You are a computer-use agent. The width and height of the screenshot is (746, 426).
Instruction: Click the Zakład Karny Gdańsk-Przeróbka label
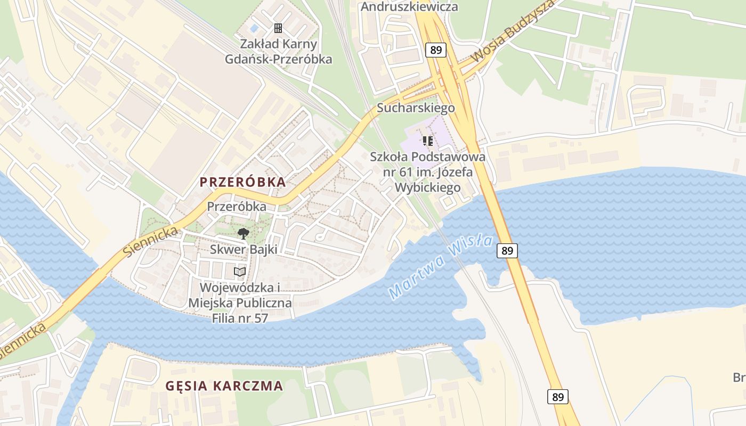278,52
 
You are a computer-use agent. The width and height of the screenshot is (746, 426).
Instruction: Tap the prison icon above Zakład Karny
278,28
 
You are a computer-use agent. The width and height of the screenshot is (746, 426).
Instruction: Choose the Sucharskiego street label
416,108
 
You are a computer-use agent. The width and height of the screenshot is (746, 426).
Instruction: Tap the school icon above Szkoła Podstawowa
427,141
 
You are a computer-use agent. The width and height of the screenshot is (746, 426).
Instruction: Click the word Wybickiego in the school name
428,188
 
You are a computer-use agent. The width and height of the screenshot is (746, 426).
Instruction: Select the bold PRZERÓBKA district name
242,182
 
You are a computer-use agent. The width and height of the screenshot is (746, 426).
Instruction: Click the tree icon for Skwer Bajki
243,233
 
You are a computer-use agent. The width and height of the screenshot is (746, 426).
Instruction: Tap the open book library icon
240,272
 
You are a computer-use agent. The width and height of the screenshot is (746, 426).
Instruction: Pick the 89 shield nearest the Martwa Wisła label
507,250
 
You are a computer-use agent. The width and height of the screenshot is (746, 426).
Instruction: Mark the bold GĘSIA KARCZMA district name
224,386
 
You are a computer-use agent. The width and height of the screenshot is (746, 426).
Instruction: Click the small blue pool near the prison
254,28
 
